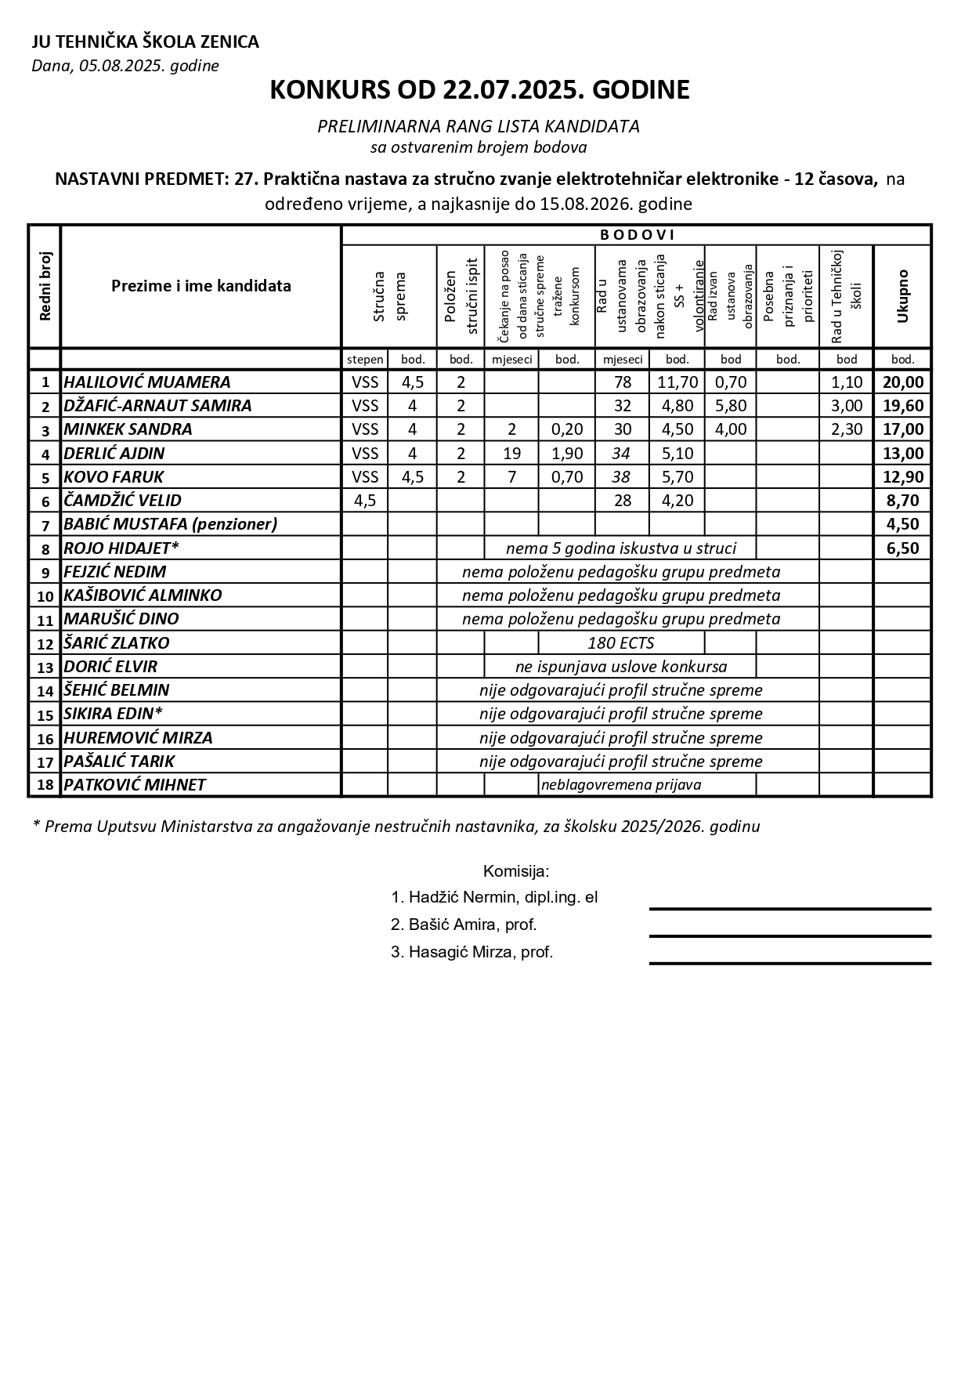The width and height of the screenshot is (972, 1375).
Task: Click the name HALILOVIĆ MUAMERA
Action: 147,382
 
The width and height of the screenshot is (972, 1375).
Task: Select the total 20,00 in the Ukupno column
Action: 902,382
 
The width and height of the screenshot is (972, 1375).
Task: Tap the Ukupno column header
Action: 902,296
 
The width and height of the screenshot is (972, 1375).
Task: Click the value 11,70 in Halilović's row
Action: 677,382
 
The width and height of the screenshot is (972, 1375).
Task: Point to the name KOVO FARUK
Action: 114,477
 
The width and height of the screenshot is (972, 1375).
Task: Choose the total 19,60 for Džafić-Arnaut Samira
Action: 902,406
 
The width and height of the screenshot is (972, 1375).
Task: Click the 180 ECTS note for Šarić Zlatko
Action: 620,643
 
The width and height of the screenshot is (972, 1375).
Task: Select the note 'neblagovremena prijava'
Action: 620,785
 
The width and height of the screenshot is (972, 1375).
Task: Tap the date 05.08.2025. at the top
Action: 118,66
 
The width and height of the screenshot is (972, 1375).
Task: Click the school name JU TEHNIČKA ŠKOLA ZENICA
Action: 145,42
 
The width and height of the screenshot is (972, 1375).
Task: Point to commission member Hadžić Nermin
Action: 494,898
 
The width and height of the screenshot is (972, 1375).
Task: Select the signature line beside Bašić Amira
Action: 790,935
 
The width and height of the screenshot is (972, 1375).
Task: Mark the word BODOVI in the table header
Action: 637,234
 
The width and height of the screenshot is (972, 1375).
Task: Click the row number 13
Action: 45,668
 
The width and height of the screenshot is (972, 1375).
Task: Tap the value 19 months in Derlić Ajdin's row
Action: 511,454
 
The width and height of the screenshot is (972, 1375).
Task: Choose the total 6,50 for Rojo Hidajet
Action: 902,548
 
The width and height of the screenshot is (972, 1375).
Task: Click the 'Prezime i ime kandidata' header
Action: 201,286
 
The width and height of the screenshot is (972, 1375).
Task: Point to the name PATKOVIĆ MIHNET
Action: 135,785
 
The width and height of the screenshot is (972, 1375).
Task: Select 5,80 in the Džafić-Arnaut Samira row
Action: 730,406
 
